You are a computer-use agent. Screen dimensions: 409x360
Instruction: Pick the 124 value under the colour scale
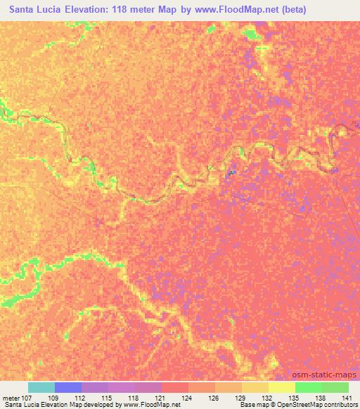[x=188, y=397]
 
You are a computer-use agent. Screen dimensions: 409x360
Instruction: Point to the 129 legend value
[x=242, y=397]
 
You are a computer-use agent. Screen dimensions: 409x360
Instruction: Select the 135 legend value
[x=295, y=397]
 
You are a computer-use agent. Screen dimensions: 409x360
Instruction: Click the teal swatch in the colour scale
[x=41, y=387]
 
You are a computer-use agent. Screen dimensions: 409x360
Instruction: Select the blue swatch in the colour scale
[x=68, y=387]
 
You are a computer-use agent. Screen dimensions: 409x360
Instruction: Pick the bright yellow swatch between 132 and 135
[x=282, y=387]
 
